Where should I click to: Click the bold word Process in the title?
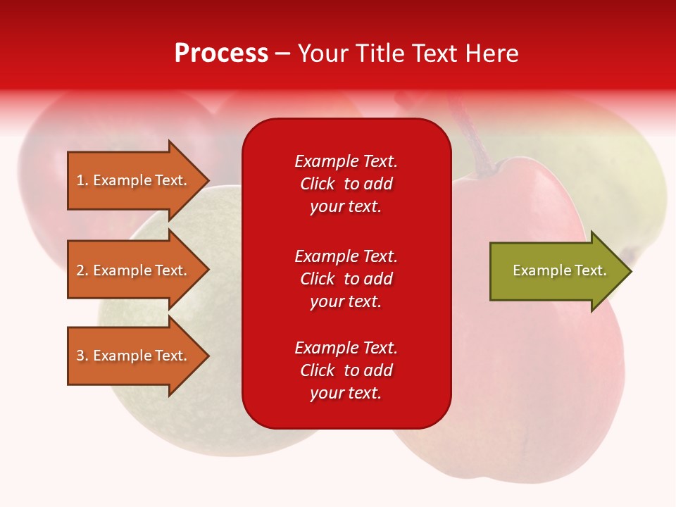221,54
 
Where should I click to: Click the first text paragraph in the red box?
346,184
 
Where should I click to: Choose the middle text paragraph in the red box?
346,278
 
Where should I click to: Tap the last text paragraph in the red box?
346,370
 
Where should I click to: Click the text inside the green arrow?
559,270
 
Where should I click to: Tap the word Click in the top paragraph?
317,184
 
